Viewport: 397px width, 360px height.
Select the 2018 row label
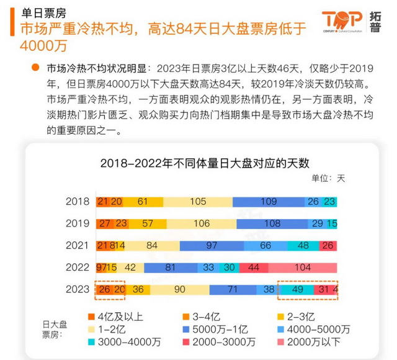click(x=78, y=201)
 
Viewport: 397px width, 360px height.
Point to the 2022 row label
click(x=78, y=268)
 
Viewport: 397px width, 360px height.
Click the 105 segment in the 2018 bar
click(x=198, y=201)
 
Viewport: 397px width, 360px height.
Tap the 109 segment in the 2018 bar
click(x=269, y=201)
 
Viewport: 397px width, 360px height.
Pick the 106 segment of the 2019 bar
click(x=202, y=223)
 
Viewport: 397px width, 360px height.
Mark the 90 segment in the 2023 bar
click(x=180, y=290)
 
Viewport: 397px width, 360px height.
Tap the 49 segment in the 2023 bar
click(x=297, y=290)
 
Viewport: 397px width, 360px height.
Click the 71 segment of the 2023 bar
click(x=233, y=290)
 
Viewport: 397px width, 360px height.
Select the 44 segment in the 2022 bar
click(x=253, y=268)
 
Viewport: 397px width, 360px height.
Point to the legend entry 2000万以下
click(x=317, y=341)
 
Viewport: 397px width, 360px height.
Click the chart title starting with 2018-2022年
click(x=205, y=163)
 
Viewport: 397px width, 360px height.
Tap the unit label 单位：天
click(x=328, y=178)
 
